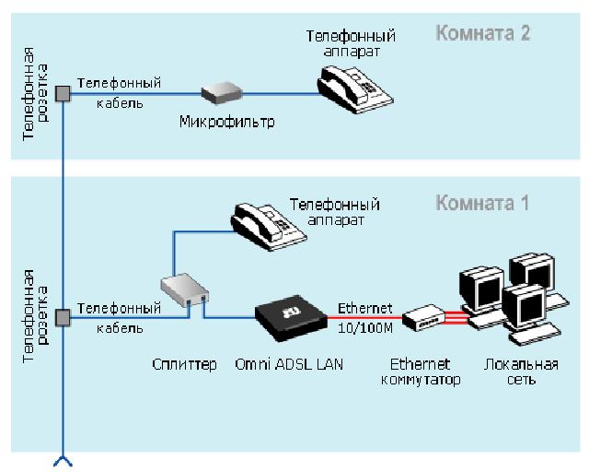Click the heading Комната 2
click(483, 34)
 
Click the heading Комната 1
click(482, 203)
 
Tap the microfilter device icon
click(222, 92)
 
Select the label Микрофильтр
click(226, 122)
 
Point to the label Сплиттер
click(184, 364)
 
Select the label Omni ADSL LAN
click(289, 364)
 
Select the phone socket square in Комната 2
click(63, 92)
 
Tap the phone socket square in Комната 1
click(63, 318)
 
